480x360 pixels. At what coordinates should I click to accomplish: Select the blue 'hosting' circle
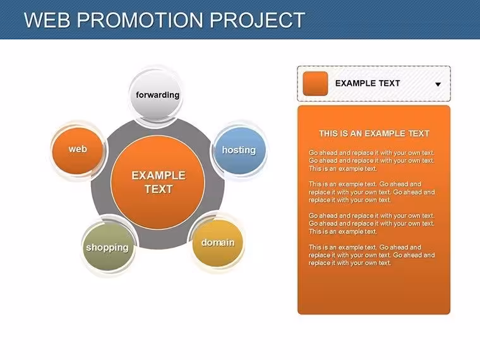point(240,150)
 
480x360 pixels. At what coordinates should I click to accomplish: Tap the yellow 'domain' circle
point(218,243)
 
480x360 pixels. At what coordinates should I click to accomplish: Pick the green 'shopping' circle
point(108,247)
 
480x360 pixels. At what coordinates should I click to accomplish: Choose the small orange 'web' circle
point(77,150)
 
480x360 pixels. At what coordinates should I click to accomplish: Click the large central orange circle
point(158,182)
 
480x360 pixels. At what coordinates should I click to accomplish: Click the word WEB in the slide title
point(47,20)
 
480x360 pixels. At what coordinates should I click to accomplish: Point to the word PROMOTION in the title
point(140,20)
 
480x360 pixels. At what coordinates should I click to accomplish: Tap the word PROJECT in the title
point(257,20)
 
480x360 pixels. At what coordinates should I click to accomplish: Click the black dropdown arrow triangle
point(438,84)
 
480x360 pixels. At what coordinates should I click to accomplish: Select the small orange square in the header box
point(315,83)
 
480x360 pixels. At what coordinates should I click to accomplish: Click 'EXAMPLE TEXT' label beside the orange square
point(368,83)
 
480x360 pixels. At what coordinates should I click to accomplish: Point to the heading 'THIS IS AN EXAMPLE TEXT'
point(374,133)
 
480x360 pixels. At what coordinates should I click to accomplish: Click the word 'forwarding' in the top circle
point(157,95)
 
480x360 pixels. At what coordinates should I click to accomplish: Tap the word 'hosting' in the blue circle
point(239,150)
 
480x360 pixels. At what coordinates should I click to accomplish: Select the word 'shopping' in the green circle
point(107,248)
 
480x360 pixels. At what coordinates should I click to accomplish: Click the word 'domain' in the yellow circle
point(218,243)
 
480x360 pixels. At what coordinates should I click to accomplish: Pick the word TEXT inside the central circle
point(159,189)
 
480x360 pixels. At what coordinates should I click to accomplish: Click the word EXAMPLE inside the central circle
point(159,176)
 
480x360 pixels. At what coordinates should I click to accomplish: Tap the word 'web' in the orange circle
point(78,149)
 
